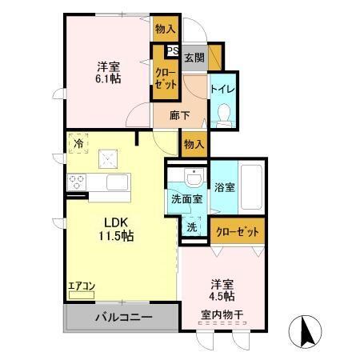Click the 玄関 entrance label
[194, 57]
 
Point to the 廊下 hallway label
[179, 114]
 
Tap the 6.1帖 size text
[108, 79]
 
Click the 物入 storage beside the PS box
[166, 29]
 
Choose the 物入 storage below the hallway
[193, 144]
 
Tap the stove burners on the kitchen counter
[77, 181]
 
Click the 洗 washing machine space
[192, 226]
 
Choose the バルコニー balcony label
[124, 318]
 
